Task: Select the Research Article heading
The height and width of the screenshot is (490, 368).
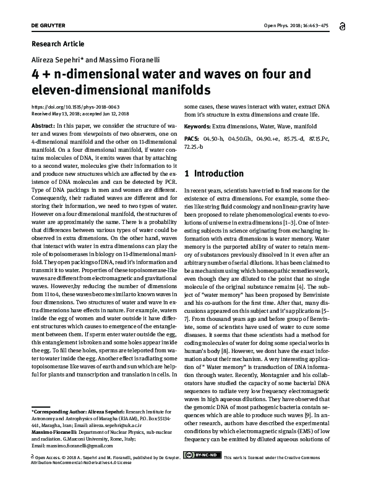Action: [57, 44]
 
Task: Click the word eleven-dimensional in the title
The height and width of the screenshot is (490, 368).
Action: [74, 90]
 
